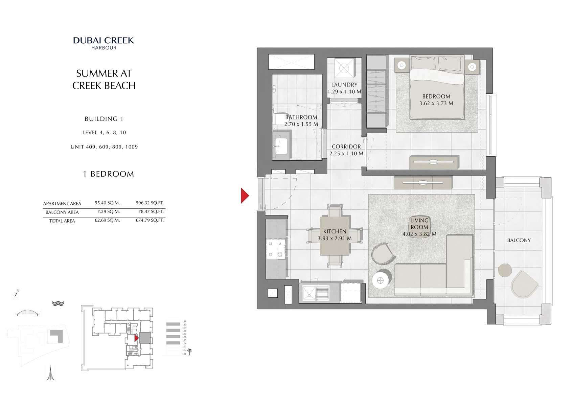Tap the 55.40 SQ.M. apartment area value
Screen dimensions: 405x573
click(107, 203)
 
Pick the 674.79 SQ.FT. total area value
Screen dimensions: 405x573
click(150, 220)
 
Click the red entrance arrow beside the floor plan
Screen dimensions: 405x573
click(245, 196)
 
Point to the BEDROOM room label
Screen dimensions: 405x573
click(436, 96)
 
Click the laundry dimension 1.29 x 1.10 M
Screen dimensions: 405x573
click(344, 92)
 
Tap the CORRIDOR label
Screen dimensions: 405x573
click(346, 147)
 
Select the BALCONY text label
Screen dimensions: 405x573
click(519, 240)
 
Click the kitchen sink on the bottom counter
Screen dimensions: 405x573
click(308, 293)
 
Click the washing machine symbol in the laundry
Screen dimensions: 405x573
click(344, 68)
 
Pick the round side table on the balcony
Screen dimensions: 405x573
click(505, 271)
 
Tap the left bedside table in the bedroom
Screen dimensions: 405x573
click(402, 65)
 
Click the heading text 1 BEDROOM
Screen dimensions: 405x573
click(108, 174)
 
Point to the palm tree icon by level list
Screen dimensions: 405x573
click(189, 352)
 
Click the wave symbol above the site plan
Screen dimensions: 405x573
click(58, 303)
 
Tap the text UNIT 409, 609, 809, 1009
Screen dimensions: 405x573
click(104, 147)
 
